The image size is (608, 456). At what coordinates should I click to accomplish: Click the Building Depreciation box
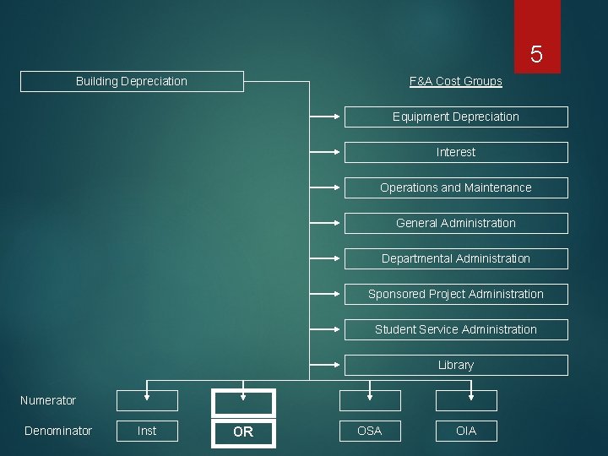(x=132, y=81)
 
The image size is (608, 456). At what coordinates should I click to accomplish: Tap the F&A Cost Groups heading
(x=455, y=81)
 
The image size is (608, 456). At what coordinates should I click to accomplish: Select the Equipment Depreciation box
(x=456, y=117)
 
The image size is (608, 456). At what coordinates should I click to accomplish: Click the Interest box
(x=456, y=152)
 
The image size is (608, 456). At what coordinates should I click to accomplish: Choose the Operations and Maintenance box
(x=456, y=187)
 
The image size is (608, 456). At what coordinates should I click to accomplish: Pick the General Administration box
(x=456, y=223)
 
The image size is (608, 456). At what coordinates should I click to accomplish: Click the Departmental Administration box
(x=456, y=258)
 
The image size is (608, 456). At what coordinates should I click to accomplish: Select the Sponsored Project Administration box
(x=456, y=294)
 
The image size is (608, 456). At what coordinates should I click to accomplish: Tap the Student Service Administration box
(x=456, y=329)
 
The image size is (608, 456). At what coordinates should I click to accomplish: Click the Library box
(x=456, y=365)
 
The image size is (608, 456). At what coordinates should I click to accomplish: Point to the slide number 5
(x=536, y=56)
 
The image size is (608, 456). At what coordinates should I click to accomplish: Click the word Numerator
(x=48, y=400)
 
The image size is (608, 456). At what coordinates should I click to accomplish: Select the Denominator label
(x=58, y=431)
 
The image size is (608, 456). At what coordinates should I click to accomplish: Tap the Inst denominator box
(x=147, y=431)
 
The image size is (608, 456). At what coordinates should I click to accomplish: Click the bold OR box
(x=243, y=432)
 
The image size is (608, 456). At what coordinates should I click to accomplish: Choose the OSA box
(x=370, y=431)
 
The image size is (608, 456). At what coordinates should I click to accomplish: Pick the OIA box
(x=466, y=431)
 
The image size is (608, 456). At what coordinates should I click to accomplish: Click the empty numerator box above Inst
(x=147, y=401)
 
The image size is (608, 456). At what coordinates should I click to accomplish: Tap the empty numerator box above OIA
(x=466, y=401)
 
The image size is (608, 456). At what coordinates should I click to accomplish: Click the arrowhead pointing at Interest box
(x=339, y=152)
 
